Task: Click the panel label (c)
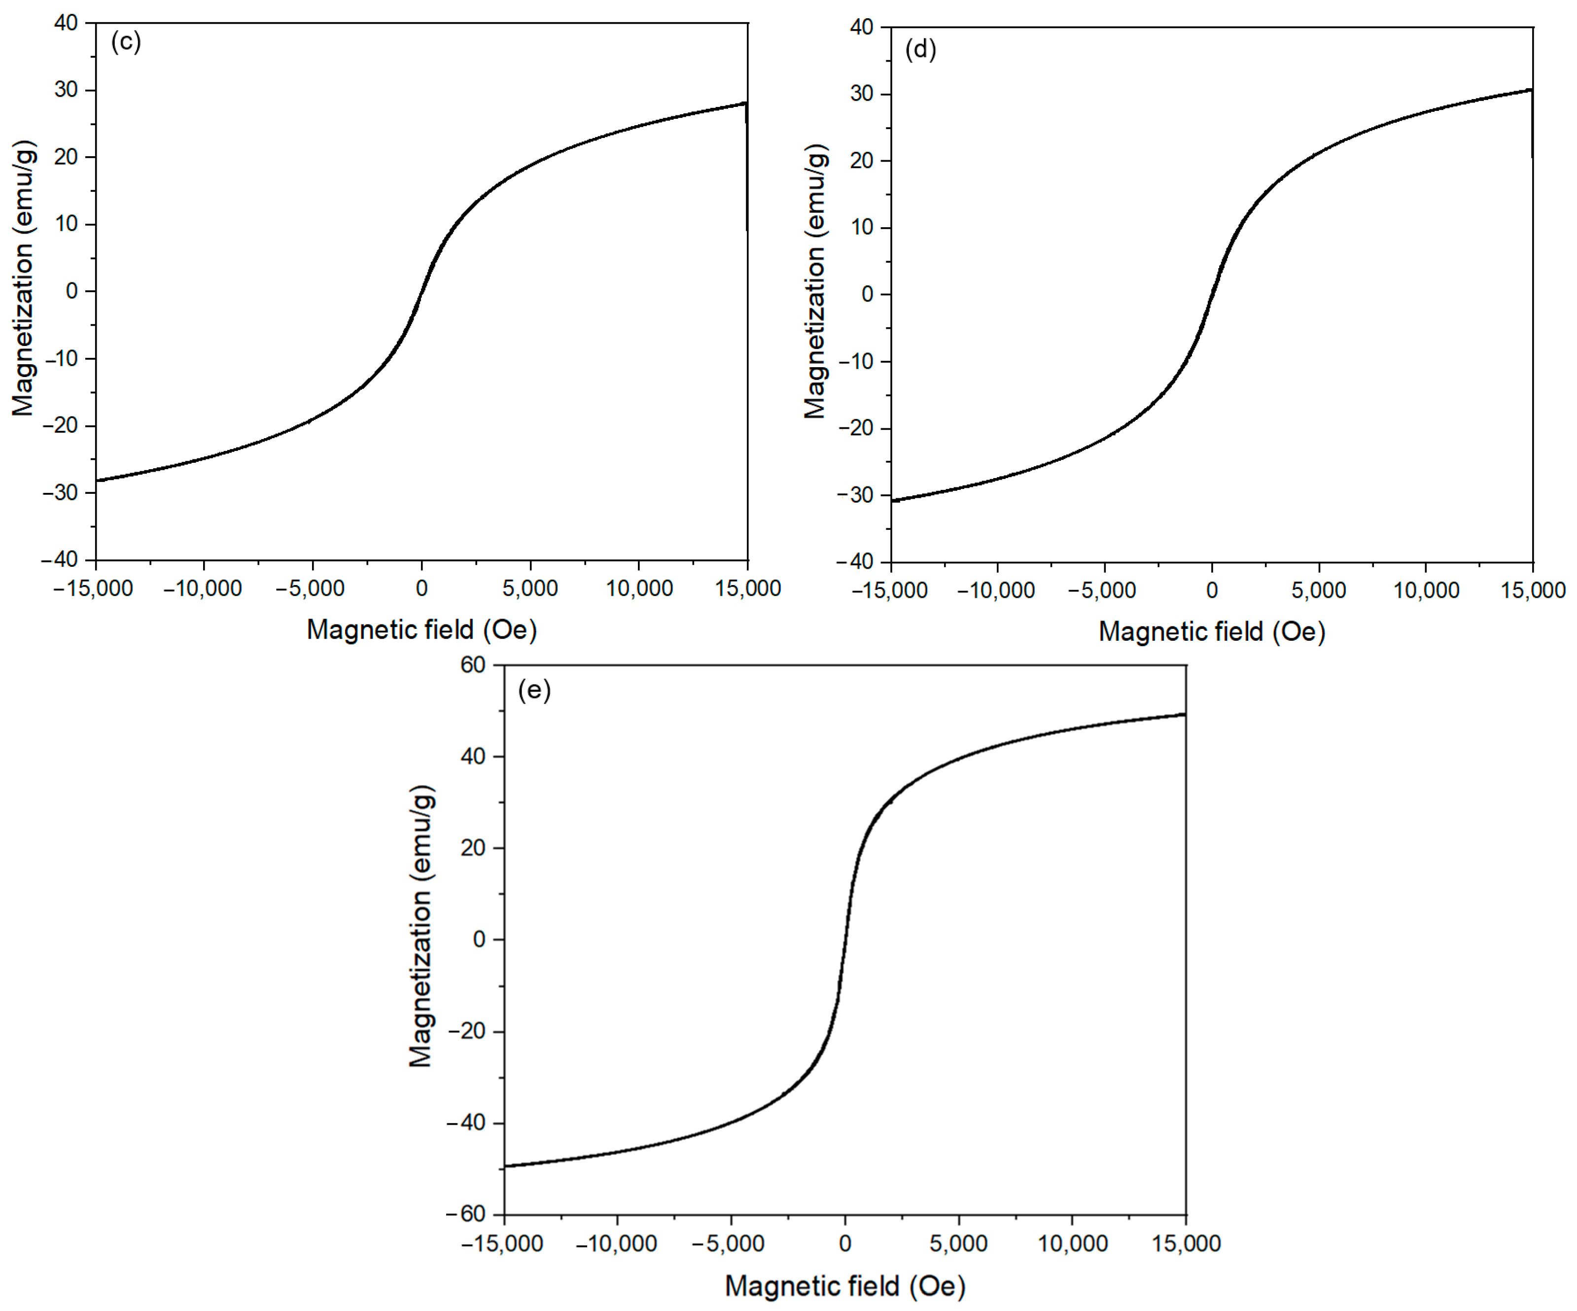pos(125,41)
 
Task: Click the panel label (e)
pos(534,690)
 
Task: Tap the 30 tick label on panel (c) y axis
pos(66,90)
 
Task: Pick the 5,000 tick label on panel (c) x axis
pos(530,588)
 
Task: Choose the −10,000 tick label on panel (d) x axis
pos(996,590)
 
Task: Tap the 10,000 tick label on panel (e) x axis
pos(1072,1243)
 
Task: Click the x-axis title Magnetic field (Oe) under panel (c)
pos(421,629)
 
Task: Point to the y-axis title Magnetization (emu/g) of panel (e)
pos(421,926)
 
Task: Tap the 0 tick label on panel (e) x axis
pos(845,1243)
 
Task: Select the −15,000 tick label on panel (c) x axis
pos(93,588)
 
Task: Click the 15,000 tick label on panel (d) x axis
pos(1533,590)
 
